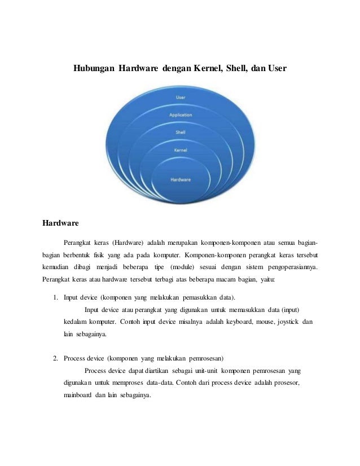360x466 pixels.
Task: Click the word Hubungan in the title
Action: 94,69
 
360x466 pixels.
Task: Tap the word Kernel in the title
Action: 206,69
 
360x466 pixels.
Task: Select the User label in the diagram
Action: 180,98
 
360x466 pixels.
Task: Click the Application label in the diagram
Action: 180,115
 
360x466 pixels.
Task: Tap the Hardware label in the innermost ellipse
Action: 181,179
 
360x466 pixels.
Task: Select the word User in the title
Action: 276,69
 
